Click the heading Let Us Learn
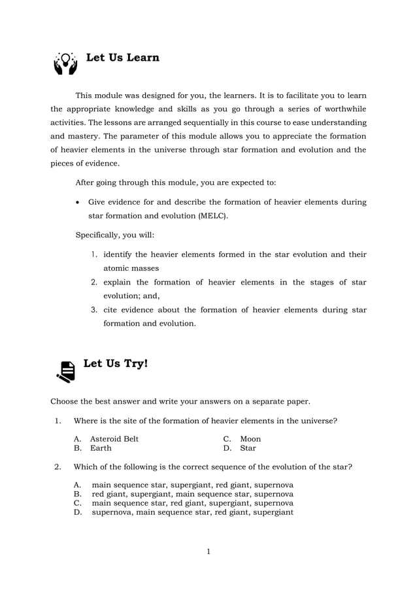tap(123, 58)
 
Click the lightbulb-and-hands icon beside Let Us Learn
tap(65, 63)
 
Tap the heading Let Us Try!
tap(116, 363)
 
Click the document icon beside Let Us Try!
tap(66, 371)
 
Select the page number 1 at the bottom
tap(208, 551)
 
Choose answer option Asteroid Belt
tap(114, 438)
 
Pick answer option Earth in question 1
tap(101, 448)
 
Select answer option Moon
tap(250, 438)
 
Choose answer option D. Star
tap(248, 448)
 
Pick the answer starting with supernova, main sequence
tap(192, 512)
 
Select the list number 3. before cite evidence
tap(94, 309)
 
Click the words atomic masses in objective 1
tap(131, 268)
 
